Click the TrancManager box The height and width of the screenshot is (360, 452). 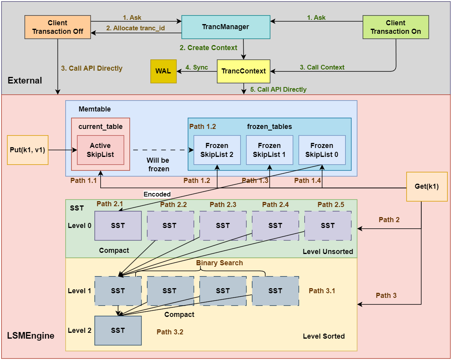tap(226, 27)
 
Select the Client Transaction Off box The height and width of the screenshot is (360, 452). tap(58, 27)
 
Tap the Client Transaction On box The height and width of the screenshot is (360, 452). tap(396, 27)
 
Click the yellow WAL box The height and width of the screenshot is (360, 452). tap(163, 71)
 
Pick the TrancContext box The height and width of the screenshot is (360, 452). tap(243, 71)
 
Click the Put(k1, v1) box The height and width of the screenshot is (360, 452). tap(28, 150)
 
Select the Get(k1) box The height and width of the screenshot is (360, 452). tap(427, 186)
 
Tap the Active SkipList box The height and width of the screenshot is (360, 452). tap(100, 150)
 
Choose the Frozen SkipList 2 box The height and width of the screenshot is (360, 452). tap(217, 150)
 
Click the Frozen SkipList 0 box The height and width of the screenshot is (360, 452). tap(321, 150)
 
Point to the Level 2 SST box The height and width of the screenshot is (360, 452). tap(118, 330)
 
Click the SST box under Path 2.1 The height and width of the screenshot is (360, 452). tap(118, 226)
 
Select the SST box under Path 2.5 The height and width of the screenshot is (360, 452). tap(328, 226)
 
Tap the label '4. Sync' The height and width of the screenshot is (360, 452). tap(197, 67)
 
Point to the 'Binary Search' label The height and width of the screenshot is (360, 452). tap(219, 263)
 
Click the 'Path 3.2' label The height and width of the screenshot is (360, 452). tap(170, 332)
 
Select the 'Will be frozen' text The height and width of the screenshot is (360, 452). tap(158, 165)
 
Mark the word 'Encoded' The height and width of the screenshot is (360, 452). tap(157, 194)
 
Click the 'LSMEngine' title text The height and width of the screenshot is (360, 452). tap(31, 336)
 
